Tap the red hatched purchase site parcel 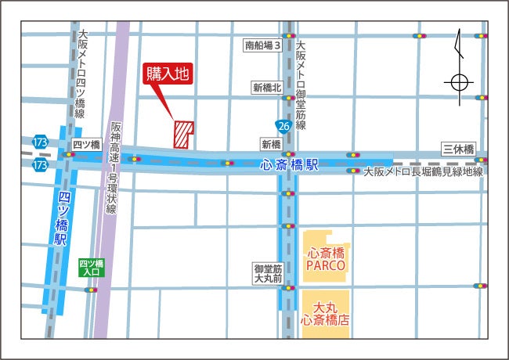(x=183, y=134)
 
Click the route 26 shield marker (x=283, y=126)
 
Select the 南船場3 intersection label (x=262, y=46)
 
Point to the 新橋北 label (x=266, y=88)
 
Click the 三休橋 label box (x=458, y=149)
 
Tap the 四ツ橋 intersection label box (x=86, y=145)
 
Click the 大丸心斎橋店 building (x=325, y=312)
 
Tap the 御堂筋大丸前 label (x=266, y=273)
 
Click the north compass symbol (x=460, y=70)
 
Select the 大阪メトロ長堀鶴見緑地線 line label (x=423, y=171)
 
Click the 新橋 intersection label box (x=271, y=145)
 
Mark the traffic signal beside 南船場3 (x=290, y=36)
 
